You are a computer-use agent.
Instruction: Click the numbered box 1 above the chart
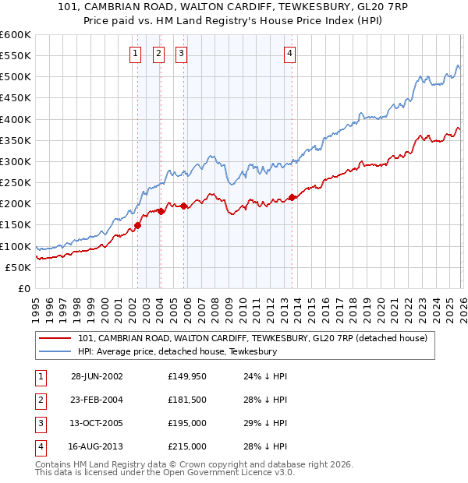pos(136,54)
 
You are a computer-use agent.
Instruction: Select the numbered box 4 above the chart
pos(289,54)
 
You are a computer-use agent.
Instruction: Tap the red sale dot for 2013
pos(292,197)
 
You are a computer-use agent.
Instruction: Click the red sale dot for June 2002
pos(138,225)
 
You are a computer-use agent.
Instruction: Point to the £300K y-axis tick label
pos(16,161)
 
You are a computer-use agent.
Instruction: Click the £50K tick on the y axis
pos(19,267)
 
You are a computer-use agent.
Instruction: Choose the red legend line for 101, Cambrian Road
pos(55,339)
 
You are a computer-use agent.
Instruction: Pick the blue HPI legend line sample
pos(55,352)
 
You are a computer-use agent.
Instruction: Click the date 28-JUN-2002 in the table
pos(97,377)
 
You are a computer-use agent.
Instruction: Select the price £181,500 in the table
pos(187,400)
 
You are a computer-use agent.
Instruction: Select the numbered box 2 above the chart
pos(158,54)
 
